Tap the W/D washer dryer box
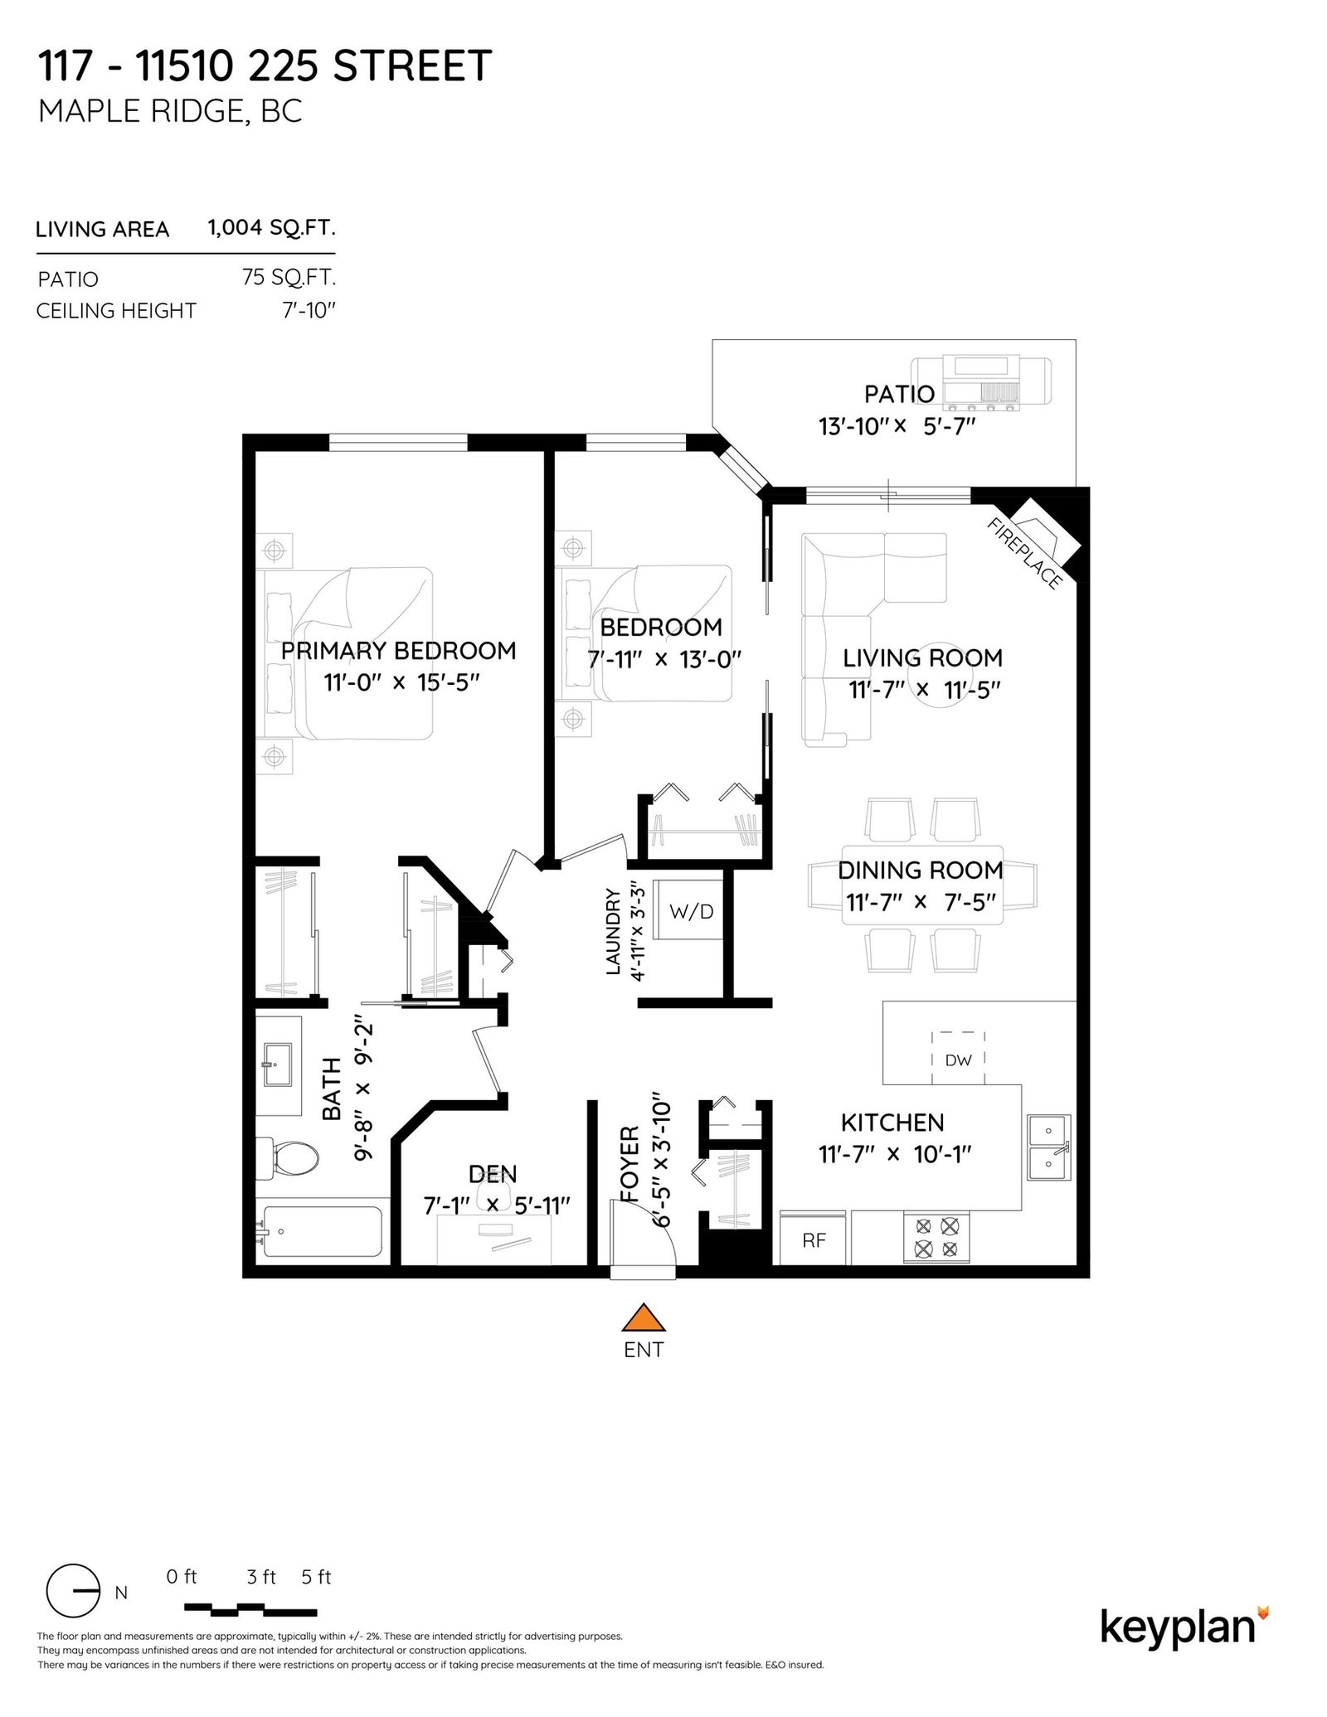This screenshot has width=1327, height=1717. [x=689, y=909]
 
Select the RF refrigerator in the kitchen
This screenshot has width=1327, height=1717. [x=814, y=1239]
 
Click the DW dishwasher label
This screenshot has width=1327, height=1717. [x=958, y=1060]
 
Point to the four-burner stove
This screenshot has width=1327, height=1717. [x=936, y=1238]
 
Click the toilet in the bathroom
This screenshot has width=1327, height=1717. [x=287, y=1157]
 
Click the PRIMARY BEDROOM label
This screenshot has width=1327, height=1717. [x=398, y=651]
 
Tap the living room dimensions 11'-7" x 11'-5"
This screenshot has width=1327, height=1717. [x=925, y=690]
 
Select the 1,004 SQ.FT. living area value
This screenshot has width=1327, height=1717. [x=272, y=228]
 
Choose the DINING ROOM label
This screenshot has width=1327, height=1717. [x=921, y=870]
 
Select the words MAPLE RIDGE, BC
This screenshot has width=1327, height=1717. [x=170, y=110]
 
